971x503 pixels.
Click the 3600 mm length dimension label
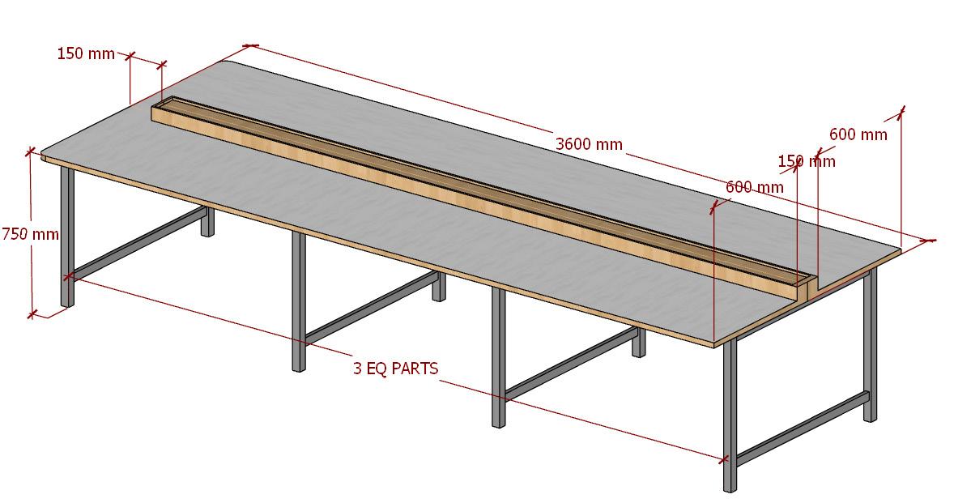(x=589, y=144)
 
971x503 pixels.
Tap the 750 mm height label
(x=30, y=233)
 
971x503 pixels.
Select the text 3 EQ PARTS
(x=395, y=369)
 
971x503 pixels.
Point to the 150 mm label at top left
(x=86, y=54)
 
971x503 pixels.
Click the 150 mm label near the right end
(x=807, y=161)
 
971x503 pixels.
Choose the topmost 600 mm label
(x=858, y=134)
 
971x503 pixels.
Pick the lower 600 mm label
(x=754, y=187)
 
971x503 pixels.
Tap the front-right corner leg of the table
(x=730, y=413)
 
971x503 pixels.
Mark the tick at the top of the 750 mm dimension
(x=31, y=151)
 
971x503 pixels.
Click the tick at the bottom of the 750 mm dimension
(x=32, y=313)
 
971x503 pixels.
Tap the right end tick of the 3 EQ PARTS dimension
(x=723, y=460)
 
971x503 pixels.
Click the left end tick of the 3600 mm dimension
(x=250, y=46)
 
